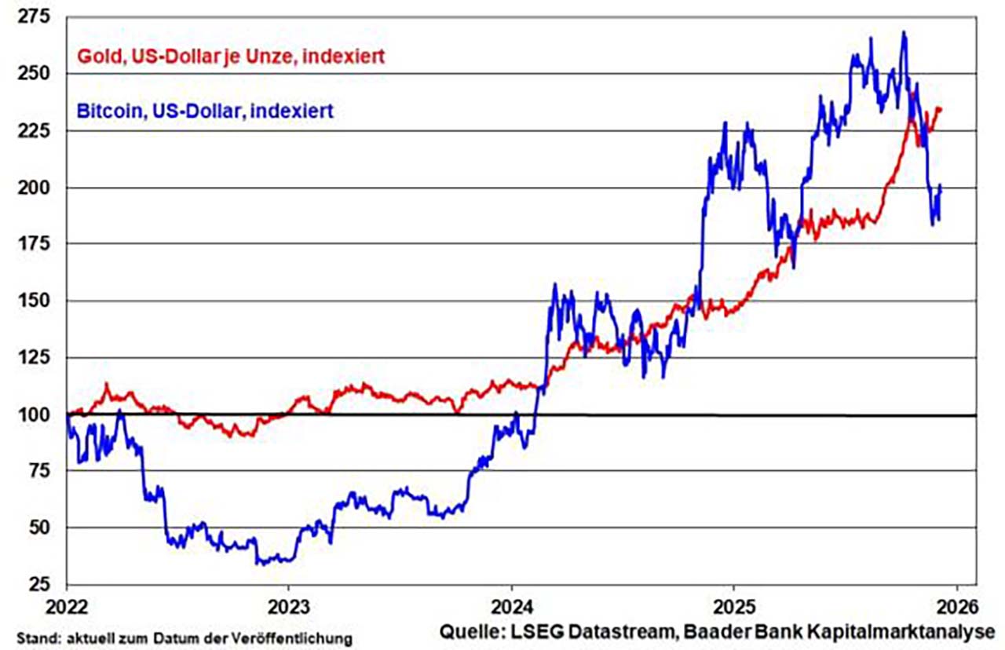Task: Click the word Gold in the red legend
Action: [x=96, y=57]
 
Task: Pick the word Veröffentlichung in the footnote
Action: [x=307, y=634]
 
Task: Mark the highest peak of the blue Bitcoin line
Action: [x=904, y=32]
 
